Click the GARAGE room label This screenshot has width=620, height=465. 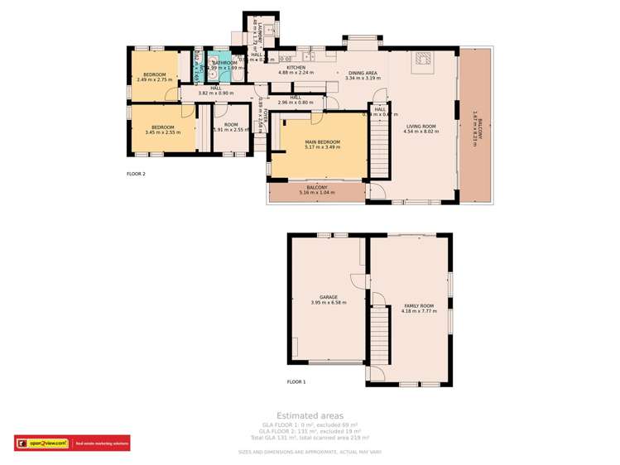[328, 297]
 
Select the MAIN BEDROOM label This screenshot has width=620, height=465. [323, 141]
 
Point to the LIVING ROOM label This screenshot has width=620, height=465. [420, 126]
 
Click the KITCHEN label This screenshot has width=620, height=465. [296, 67]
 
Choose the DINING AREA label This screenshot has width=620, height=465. [362, 73]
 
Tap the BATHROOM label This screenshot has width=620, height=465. [224, 62]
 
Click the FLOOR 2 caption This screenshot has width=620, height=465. [136, 174]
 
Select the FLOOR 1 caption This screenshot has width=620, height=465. [296, 381]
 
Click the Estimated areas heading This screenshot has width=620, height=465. [310, 415]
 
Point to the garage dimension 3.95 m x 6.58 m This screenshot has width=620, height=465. [328, 303]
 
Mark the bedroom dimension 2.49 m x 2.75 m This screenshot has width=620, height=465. [154, 80]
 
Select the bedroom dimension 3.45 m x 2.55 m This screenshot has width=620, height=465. [162, 132]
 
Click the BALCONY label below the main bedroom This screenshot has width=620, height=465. [317, 188]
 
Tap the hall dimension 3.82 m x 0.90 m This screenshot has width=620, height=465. [215, 93]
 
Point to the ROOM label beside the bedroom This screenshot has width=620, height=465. [231, 124]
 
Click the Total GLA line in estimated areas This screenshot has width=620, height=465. [310, 437]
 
